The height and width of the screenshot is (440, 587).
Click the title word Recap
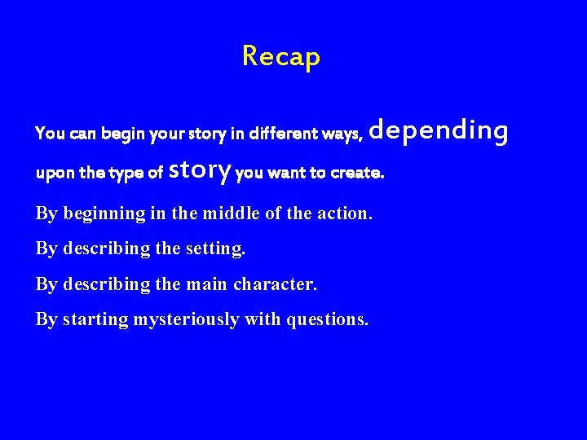point(281,57)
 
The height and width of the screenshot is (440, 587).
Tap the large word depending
point(439,130)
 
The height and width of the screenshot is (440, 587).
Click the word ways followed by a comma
point(343,134)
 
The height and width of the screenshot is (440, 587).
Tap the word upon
point(51,174)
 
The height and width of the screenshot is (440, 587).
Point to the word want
point(288,174)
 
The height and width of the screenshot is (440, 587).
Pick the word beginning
point(102,214)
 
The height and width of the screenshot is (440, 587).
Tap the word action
point(342,214)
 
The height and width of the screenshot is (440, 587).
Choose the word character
point(275,284)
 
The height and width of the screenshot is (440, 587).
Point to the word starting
point(95,319)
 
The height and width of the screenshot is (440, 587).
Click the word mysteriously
point(187,319)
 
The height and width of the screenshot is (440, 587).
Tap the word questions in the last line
point(327,319)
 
